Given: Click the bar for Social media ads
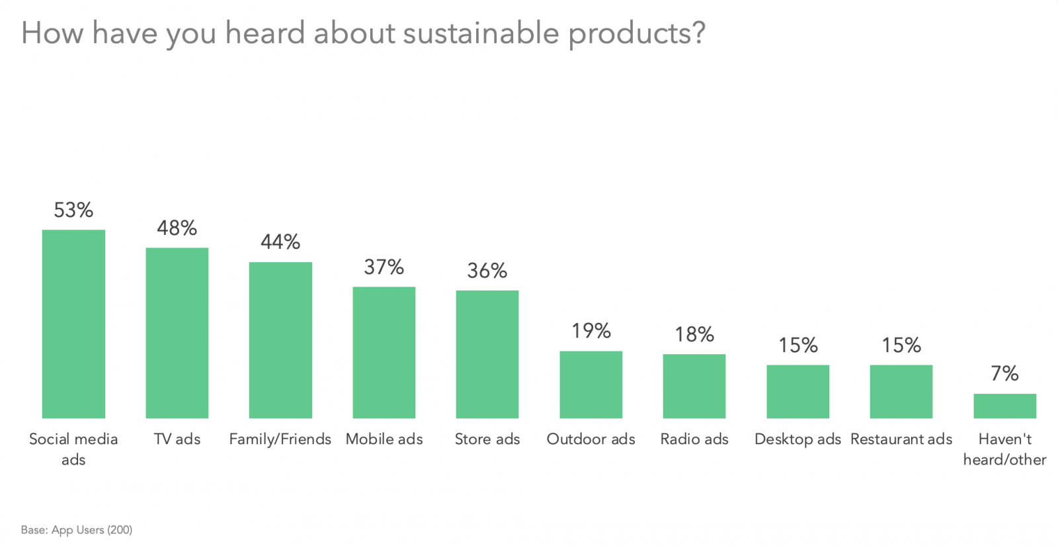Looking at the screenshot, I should point(73,324).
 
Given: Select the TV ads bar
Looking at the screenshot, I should point(177,333).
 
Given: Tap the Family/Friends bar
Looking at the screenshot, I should point(280,340).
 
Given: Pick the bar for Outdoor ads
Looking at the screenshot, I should point(590,385).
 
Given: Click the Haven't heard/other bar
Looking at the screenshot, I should point(1004,406).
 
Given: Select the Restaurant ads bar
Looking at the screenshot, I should point(901,391).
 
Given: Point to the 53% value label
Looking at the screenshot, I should point(73,210).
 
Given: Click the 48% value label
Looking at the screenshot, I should point(177,228).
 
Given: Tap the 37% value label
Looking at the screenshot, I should point(384,267).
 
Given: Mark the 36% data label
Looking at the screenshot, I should point(487,271).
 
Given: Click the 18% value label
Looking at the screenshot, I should point(694,335).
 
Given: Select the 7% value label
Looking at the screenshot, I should point(1004,374).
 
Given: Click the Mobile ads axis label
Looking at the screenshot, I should point(384,439).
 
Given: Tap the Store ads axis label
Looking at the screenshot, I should point(487,439).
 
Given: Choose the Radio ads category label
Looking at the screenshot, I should point(694,439).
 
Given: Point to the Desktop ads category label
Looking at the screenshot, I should point(797,439).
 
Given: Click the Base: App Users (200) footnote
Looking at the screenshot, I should point(77,530).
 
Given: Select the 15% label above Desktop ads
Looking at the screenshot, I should point(797,345).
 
